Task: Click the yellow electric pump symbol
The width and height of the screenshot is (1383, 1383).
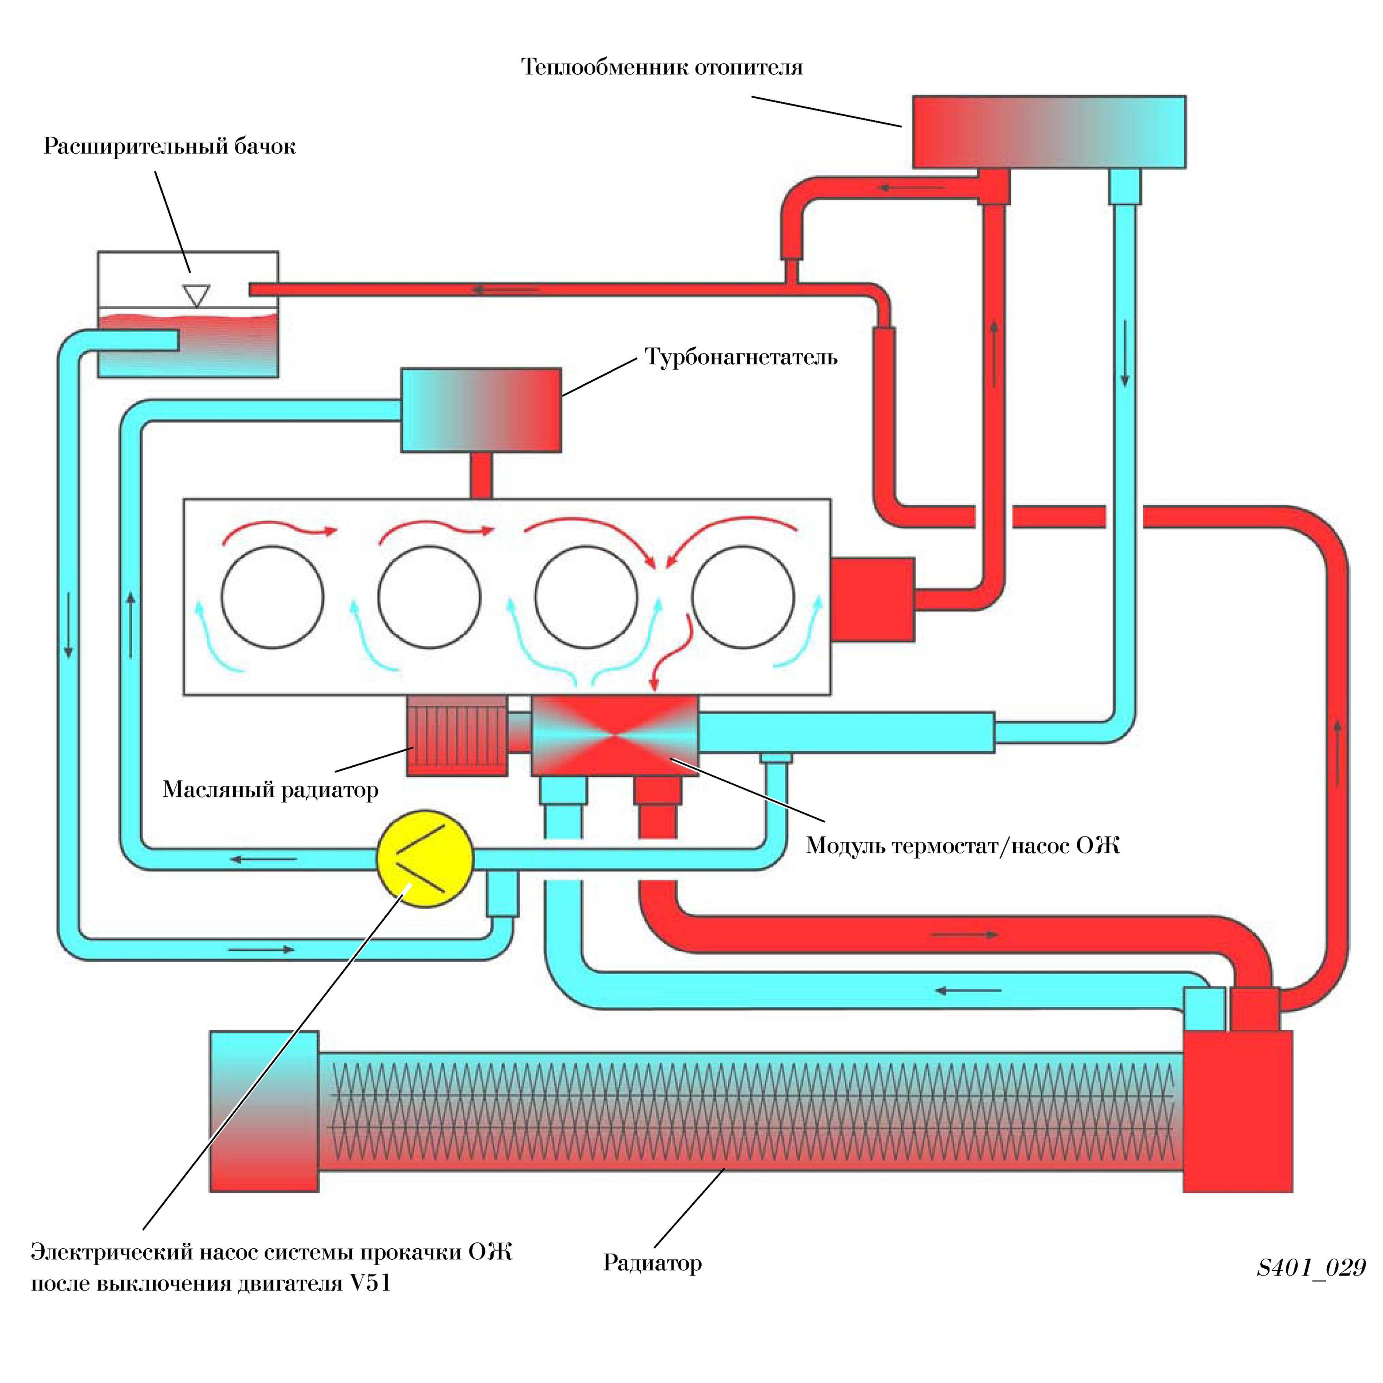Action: tap(424, 858)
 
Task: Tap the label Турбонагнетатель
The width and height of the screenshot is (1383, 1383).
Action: tap(741, 356)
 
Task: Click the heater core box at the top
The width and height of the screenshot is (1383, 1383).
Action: tap(1049, 132)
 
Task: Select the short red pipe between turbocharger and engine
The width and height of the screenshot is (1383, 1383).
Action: tap(481, 475)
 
